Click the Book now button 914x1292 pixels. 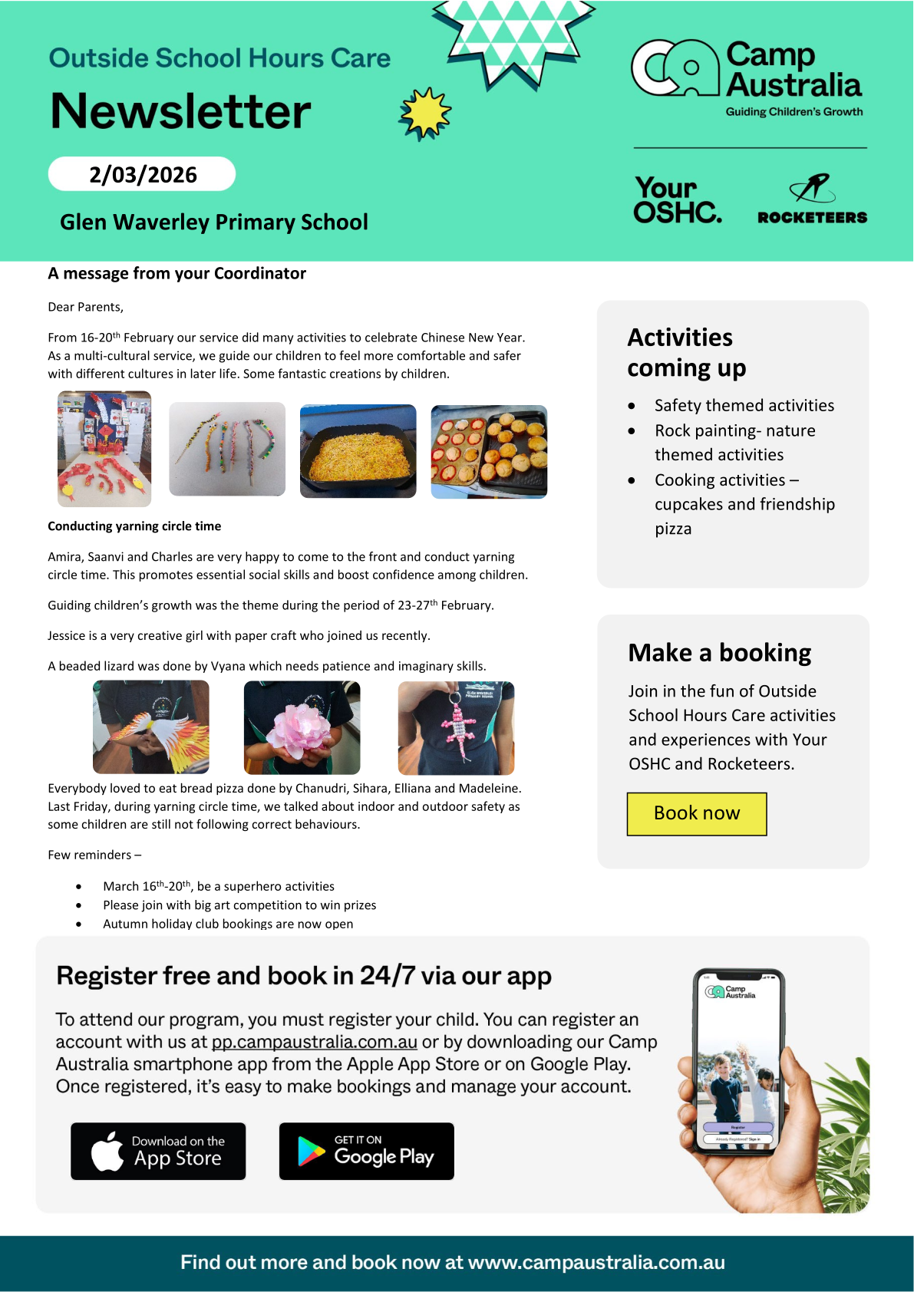pos(697,813)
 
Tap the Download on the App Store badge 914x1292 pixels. pos(158,1151)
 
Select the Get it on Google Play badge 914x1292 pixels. pos(366,1151)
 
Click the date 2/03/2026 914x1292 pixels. pos(143,174)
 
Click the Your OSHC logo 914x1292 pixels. pos(677,199)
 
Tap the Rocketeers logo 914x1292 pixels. pos(812,199)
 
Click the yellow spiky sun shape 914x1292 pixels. pos(425,114)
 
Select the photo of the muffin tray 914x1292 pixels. pos(489,452)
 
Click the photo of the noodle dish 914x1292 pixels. pos(358,451)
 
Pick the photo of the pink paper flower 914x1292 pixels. pos(302,727)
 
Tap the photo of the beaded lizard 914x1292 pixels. pos(456,727)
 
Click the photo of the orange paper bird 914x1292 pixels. pos(151,727)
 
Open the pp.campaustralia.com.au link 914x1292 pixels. pos(315,1042)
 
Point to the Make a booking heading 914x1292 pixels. pos(719,652)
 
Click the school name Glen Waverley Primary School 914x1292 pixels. pos(214,222)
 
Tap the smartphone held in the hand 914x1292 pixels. pos(738,1063)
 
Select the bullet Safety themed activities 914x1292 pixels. pos(744,405)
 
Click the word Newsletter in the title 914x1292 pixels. pos(181,111)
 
